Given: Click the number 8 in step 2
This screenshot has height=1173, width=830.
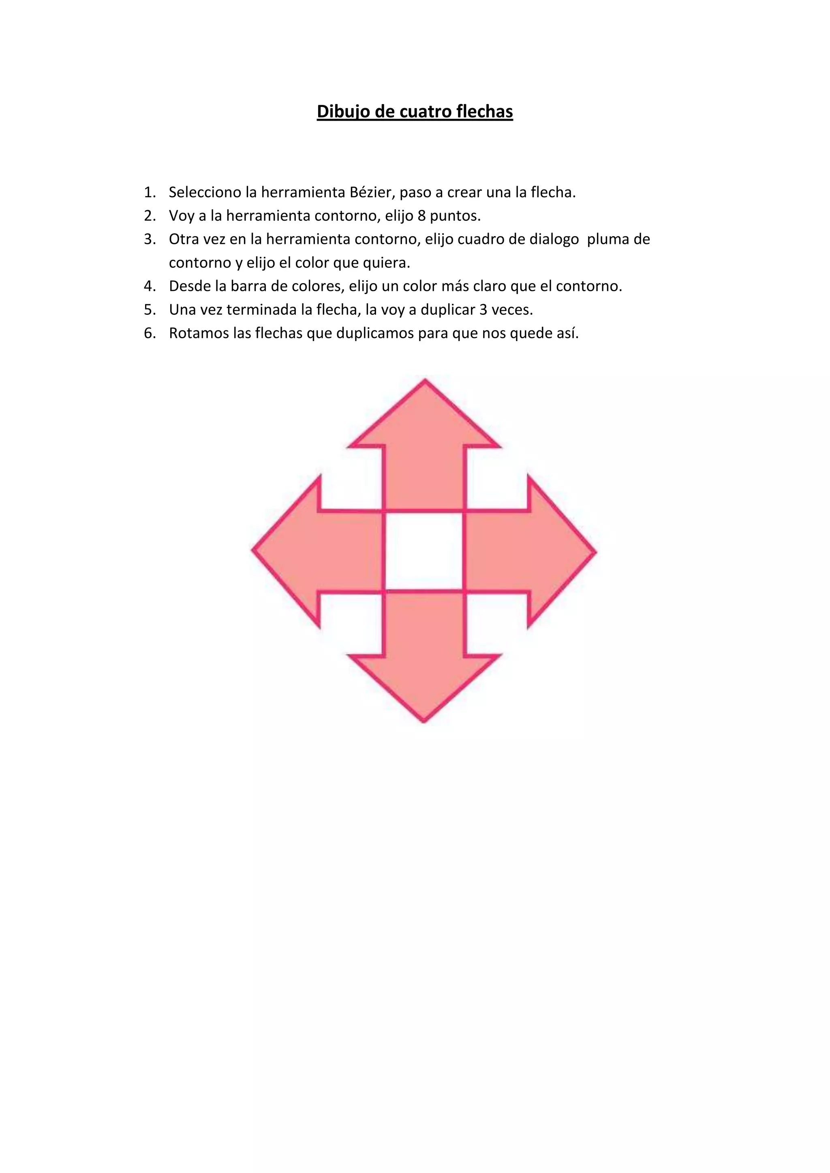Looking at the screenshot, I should pos(421,216).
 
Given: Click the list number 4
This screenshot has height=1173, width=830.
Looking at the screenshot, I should pos(149,286).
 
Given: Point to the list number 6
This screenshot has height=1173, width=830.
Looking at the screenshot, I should pos(149,333).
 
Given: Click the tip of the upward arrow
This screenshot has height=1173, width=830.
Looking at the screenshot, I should pos(425,381).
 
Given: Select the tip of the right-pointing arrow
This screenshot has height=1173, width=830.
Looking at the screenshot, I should pos(595,552).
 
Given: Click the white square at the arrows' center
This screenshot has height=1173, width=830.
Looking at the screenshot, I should pos(424,551).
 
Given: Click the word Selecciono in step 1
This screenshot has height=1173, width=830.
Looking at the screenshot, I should pos(205,193).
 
